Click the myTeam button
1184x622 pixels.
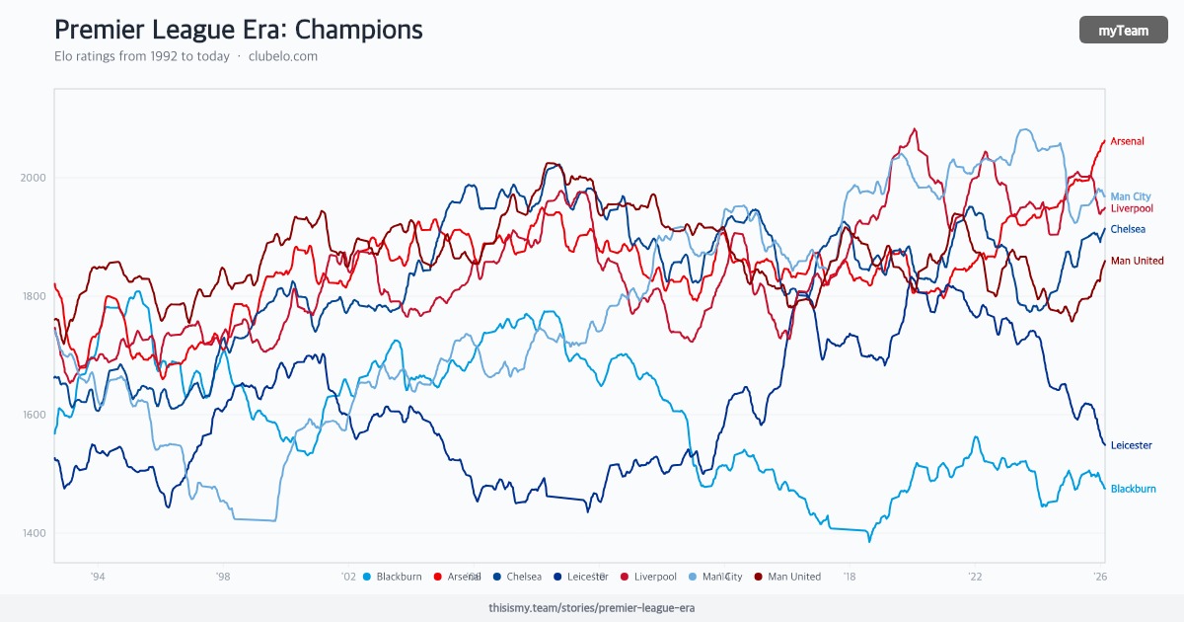click(x=1124, y=31)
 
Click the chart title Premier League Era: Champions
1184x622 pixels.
click(x=238, y=30)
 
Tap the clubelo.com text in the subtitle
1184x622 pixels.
click(x=283, y=56)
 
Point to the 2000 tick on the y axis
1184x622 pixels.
click(x=34, y=178)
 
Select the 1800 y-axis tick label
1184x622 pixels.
click(x=34, y=296)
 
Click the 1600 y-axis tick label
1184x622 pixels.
click(x=34, y=415)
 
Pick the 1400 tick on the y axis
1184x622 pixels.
click(x=34, y=533)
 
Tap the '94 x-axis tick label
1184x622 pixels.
click(x=98, y=577)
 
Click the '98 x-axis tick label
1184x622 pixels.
click(x=223, y=577)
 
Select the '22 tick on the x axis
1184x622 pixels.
click(x=975, y=577)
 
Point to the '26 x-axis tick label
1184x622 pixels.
click(x=1099, y=577)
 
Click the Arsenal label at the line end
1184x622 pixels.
click(x=1127, y=141)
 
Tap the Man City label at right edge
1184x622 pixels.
click(x=1131, y=196)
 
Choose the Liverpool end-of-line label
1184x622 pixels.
click(x=1132, y=208)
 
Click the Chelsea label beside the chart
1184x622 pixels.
click(x=1128, y=229)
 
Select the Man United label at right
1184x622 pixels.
click(x=1137, y=261)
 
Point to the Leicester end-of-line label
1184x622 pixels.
click(x=1131, y=445)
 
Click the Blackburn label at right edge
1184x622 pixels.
click(x=1133, y=489)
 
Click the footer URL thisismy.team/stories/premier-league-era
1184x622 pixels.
click(x=591, y=608)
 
